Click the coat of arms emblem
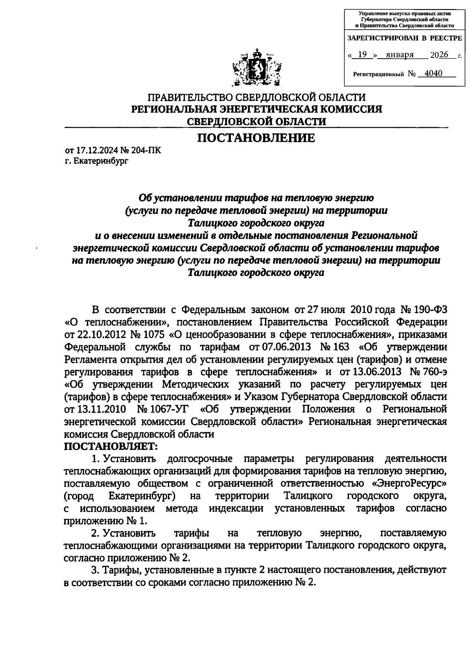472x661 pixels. click(x=256, y=68)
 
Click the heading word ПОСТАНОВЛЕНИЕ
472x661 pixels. click(x=256, y=138)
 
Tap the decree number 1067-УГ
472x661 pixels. click(x=168, y=409)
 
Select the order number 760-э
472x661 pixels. click(x=433, y=372)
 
